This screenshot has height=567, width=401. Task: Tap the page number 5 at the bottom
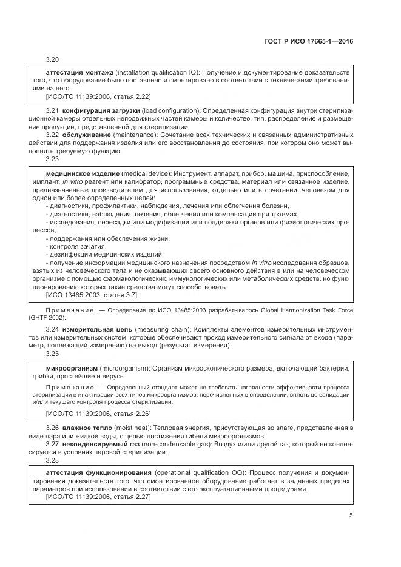[351, 515]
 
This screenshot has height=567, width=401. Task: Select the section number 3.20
[53, 60]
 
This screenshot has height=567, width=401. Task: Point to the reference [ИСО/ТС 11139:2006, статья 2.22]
[98, 96]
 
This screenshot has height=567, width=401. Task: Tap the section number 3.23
[53, 159]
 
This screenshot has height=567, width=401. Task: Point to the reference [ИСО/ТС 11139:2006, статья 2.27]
[98, 496]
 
